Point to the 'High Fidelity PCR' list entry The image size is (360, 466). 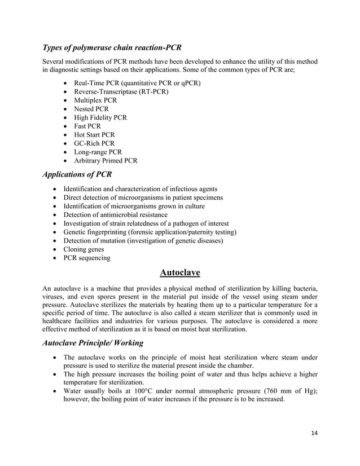click(x=100, y=117)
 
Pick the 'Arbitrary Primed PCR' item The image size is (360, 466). click(x=105, y=161)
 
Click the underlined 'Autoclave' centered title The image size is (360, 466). click(x=180, y=273)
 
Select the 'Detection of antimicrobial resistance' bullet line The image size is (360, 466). click(x=115, y=215)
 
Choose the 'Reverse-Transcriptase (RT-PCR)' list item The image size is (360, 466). click(x=116, y=91)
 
